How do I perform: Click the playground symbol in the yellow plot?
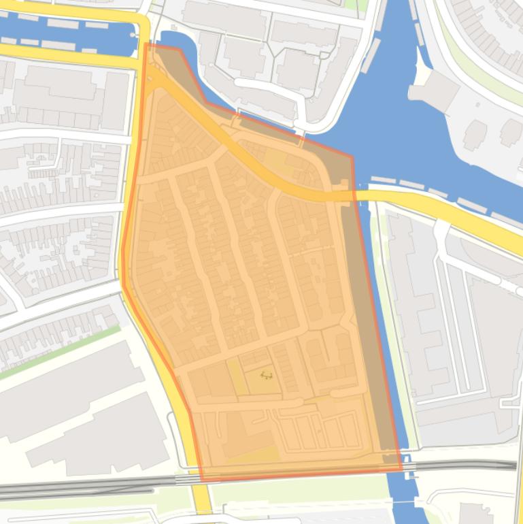pyautogui.click(x=266, y=375)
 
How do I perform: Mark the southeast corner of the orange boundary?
pyautogui.click(x=401, y=470)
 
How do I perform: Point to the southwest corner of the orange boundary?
pyautogui.click(x=201, y=480)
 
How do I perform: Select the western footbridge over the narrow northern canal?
pyautogui.click(x=237, y=120)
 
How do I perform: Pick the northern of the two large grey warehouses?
pyautogui.click(x=68, y=381)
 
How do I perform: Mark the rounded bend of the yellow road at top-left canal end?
pyautogui.click(x=141, y=27)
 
